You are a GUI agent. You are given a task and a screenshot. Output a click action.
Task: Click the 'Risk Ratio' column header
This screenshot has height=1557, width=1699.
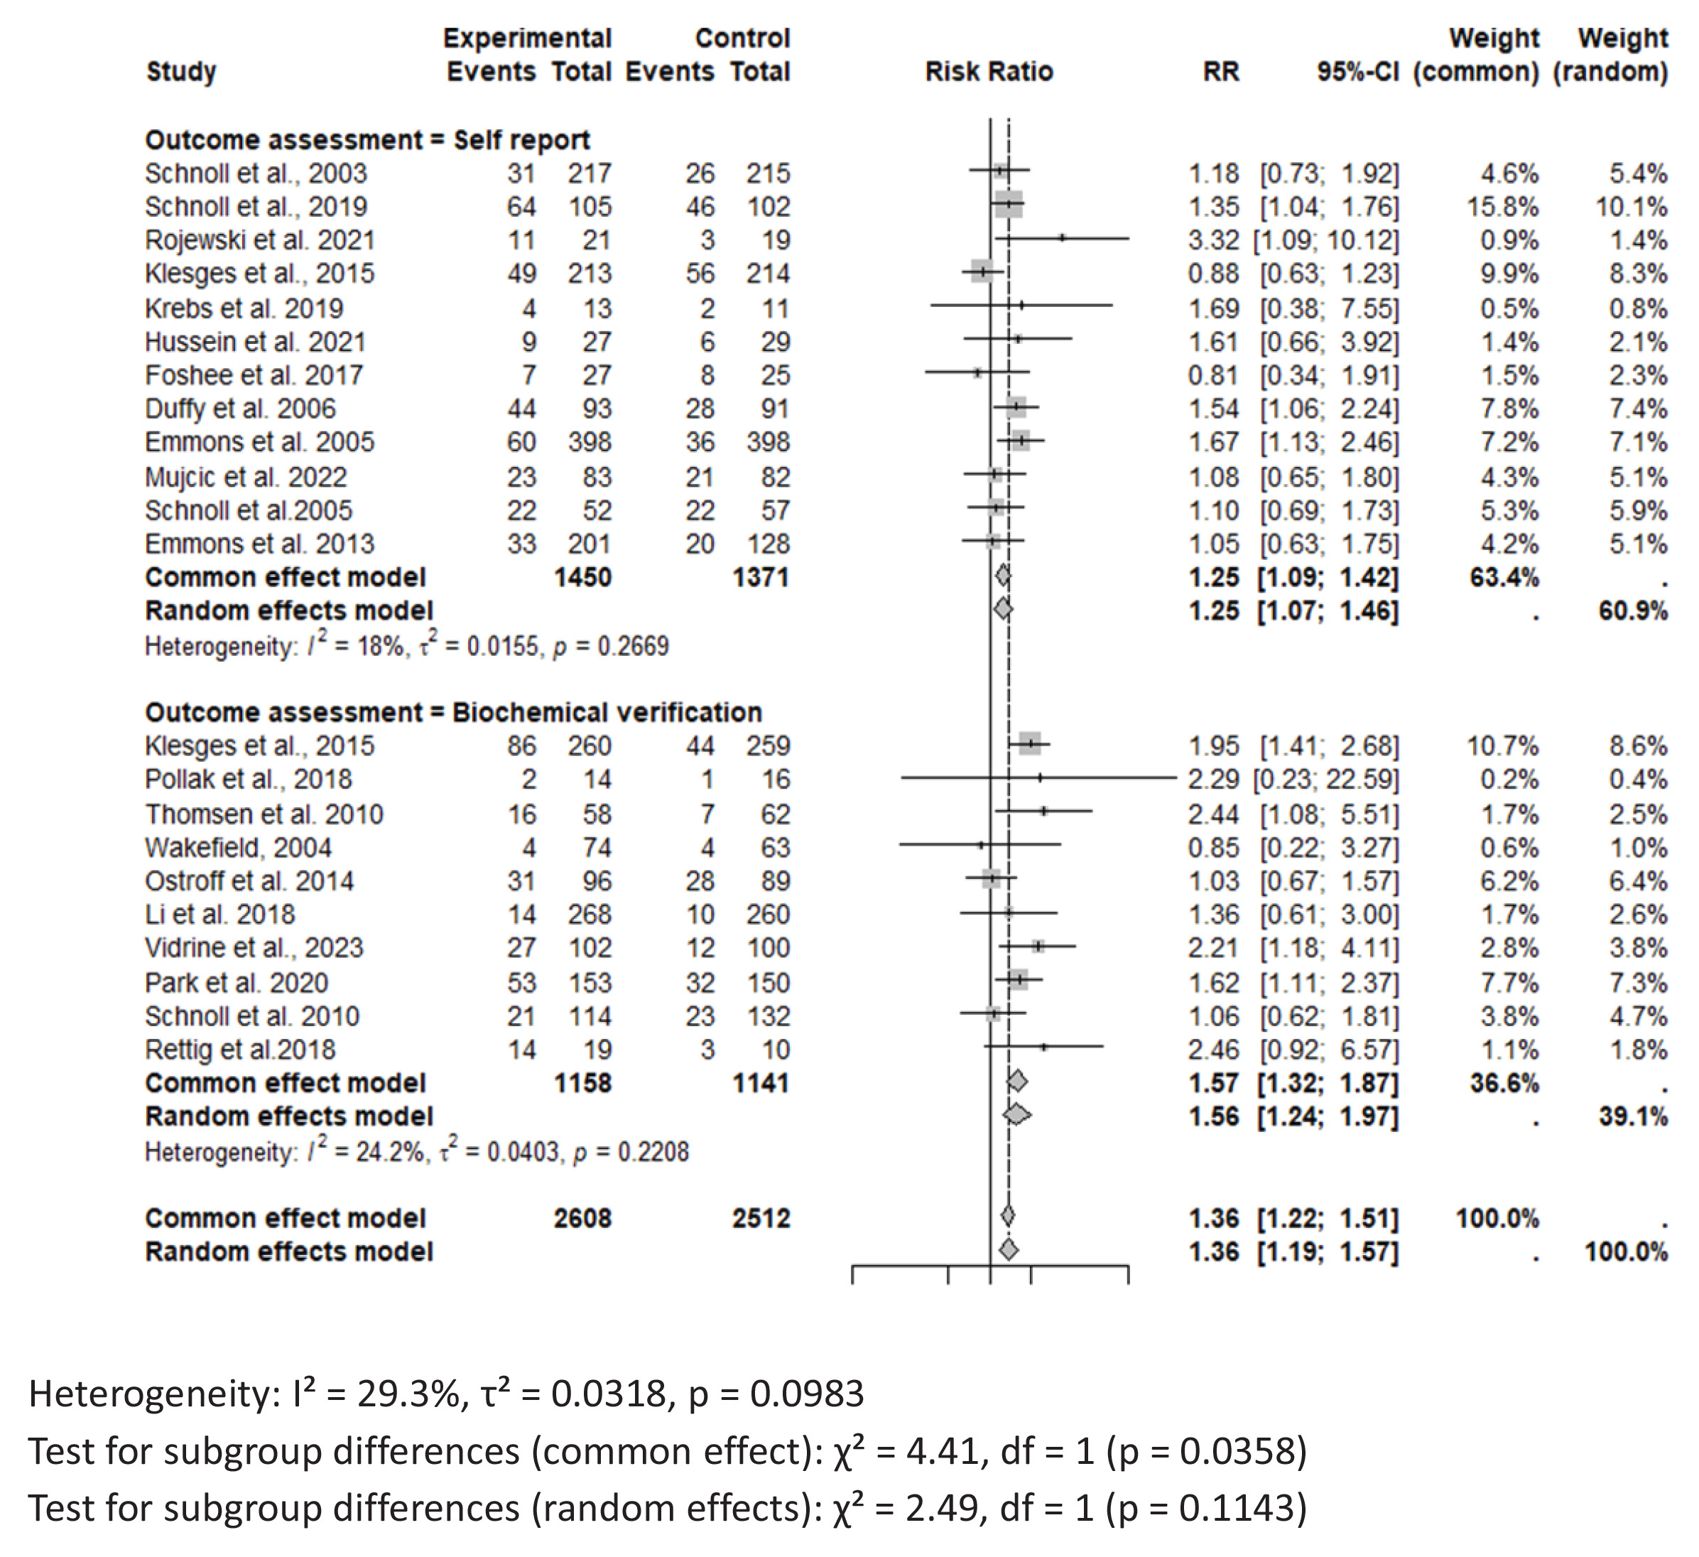[x=989, y=72]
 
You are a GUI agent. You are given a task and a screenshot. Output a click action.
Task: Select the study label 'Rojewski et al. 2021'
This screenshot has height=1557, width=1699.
[x=259, y=240]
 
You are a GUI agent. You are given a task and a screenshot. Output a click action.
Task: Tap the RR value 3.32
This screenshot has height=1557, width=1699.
[x=1214, y=240]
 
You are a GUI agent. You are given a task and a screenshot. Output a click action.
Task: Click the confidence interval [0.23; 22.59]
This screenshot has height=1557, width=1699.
[x=1325, y=780]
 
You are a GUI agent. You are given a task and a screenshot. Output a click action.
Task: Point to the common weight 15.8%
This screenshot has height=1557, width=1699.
[x=1503, y=207]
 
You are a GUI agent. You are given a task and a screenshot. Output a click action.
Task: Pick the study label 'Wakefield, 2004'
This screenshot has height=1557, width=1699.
[x=238, y=847]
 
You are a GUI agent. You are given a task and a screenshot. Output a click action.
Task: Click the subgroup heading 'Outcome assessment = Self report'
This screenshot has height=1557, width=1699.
[x=367, y=139]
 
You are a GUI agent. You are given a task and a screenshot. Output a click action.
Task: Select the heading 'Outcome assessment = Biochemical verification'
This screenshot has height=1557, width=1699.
[x=453, y=712]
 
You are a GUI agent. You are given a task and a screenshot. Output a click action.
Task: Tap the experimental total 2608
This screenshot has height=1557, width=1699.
[x=582, y=1218]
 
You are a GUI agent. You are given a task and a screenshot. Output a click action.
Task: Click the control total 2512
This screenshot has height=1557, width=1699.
[x=761, y=1218]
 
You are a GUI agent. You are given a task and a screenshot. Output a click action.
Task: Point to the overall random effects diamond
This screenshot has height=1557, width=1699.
[x=1009, y=1250]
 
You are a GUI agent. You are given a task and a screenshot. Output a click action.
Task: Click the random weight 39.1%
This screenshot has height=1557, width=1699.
[x=1633, y=1117]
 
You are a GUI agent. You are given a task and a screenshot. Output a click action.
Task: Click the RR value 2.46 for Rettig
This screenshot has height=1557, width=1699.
[x=1214, y=1050]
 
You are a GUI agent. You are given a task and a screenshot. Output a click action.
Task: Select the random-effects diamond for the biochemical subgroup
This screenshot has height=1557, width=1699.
[x=1017, y=1115]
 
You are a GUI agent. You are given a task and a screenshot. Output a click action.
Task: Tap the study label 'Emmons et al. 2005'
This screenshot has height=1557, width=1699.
[x=259, y=443]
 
